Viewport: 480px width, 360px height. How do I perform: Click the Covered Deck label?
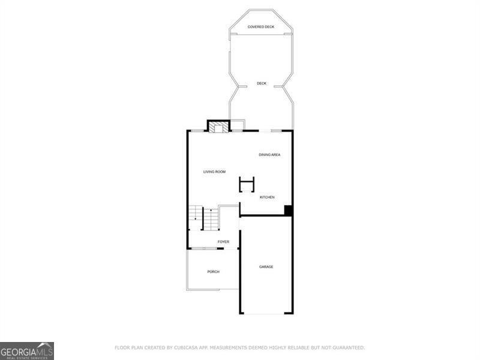[261, 27]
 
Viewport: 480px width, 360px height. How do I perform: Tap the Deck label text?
[262, 83]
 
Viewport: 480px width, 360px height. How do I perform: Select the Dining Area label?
[269, 155]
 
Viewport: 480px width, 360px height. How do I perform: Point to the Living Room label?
[214, 172]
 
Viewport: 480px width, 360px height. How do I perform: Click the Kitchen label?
[267, 197]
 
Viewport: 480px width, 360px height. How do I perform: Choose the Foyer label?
[223, 242]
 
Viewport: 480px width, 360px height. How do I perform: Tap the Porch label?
[213, 272]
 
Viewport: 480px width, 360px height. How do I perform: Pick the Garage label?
[266, 266]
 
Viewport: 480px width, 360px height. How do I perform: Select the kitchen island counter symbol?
[247, 184]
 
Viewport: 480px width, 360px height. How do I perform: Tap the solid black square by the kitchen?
[288, 211]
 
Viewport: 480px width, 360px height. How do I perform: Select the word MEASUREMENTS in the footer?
[234, 347]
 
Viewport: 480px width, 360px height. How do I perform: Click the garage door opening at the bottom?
[266, 313]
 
